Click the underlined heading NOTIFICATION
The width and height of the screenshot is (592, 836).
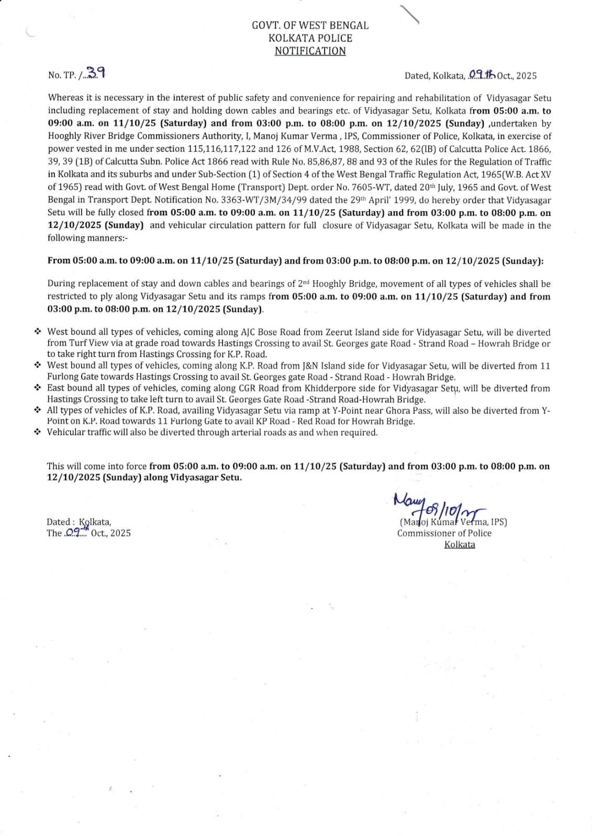click(x=310, y=51)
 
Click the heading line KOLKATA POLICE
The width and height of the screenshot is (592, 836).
click(x=310, y=38)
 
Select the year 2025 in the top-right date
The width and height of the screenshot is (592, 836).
click(x=526, y=76)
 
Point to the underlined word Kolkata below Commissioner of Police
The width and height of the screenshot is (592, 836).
click(x=460, y=544)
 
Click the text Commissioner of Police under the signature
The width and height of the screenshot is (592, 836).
click(x=444, y=533)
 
